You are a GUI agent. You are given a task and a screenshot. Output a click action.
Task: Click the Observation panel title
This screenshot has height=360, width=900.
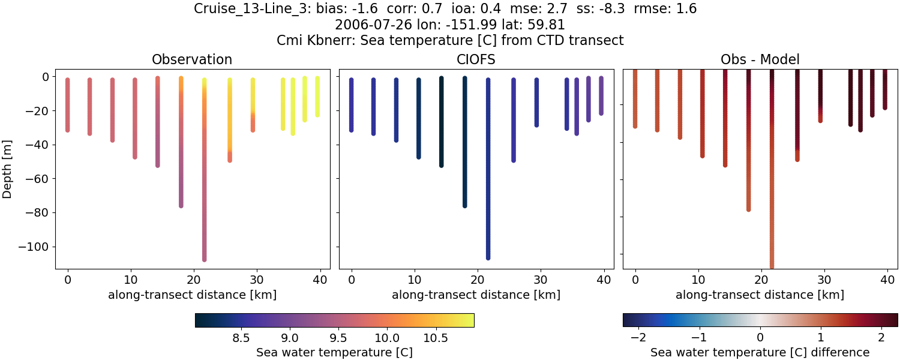pos(192,59)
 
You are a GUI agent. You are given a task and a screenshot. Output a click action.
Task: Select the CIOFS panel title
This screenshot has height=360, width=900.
pos(476,59)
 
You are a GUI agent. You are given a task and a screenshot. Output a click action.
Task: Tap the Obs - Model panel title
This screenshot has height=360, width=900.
pos(760,59)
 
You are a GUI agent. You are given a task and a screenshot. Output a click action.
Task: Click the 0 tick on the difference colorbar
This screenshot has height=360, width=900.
pos(760,338)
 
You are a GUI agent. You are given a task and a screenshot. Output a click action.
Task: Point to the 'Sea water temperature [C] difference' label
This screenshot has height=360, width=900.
pos(760,352)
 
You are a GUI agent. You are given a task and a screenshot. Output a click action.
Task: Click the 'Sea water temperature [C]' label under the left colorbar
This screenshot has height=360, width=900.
pos(334,352)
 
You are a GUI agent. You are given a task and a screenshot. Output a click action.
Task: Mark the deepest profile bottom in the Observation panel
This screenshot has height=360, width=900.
pos(205,259)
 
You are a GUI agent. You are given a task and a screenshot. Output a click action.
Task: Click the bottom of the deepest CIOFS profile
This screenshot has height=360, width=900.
pos(488,257)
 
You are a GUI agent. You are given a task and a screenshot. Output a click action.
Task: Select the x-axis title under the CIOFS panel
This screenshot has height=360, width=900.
pos(476,295)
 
